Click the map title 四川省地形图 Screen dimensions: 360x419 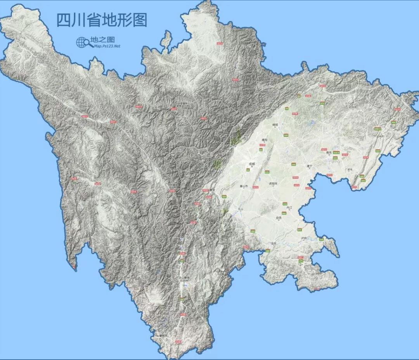coord(102,20)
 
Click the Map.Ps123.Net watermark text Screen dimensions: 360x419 coord(107,46)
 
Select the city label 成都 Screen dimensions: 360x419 coord(252,164)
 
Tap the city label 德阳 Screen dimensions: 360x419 coord(265,140)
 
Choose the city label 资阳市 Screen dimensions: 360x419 coord(274,183)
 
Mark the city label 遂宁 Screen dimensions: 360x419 coord(309,166)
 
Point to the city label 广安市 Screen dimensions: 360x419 coord(348,170)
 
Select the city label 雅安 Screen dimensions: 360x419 coord(212,190)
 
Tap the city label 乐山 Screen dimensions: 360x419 coord(241,209)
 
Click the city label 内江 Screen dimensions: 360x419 coord(289,208)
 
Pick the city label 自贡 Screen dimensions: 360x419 coord(278,218)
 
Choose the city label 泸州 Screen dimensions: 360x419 coord(303,238)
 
